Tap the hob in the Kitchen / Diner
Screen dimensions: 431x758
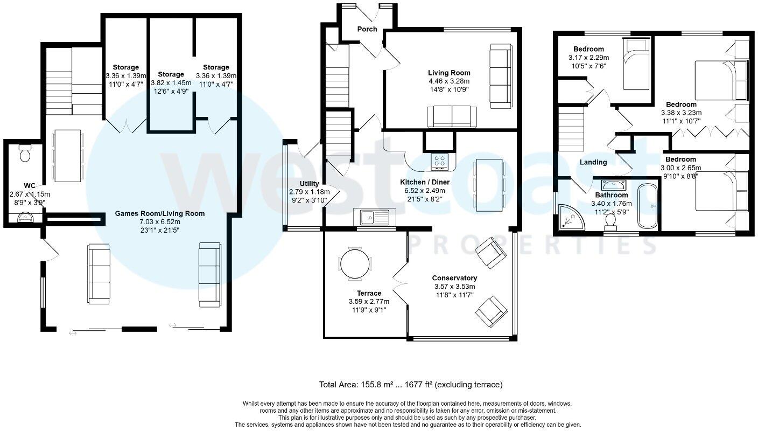click(440, 161)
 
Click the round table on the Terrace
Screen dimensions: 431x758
click(355, 263)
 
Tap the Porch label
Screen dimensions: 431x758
click(367, 29)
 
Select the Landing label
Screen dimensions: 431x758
click(593, 162)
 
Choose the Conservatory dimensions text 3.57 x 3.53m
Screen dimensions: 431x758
click(454, 287)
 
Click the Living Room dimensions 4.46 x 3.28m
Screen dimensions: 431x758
click(449, 81)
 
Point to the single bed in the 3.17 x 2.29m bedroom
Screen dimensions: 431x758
click(636, 70)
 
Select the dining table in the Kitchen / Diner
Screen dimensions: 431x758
click(489, 185)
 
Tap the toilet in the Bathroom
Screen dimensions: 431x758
click(611, 221)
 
